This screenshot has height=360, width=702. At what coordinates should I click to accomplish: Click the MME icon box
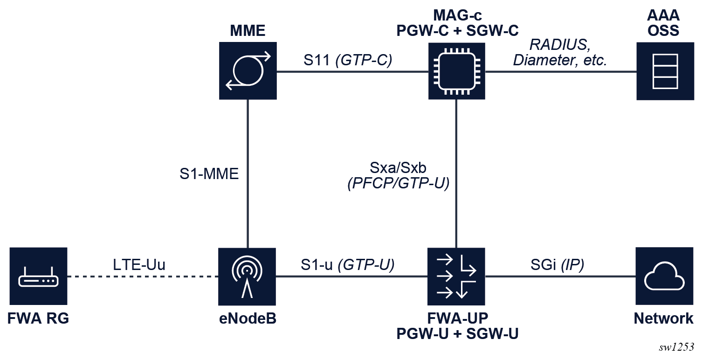pyautogui.click(x=248, y=70)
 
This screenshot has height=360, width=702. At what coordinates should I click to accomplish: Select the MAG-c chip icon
pyautogui.click(x=456, y=70)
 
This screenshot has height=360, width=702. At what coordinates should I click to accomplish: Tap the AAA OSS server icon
pyautogui.click(x=665, y=70)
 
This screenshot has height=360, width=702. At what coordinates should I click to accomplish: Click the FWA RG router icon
pyautogui.click(x=38, y=276)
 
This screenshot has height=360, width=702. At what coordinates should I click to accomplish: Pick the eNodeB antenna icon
pyautogui.click(x=248, y=276)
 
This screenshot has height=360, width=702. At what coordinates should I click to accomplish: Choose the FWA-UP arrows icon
pyautogui.click(x=456, y=276)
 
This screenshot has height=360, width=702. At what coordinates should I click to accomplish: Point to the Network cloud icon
pyautogui.click(x=665, y=276)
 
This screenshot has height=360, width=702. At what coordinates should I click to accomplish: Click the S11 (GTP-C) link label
pyautogui.click(x=346, y=60)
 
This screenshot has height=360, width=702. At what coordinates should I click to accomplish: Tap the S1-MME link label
pyautogui.click(x=209, y=174)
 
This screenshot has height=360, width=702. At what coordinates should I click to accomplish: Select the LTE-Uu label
pyautogui.click(x=139, y=265)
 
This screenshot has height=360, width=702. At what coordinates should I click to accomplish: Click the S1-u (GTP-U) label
pyautogui.click(x=348, y=265)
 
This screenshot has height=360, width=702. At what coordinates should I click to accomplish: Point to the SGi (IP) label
pyautogui.click(x=557, y=265)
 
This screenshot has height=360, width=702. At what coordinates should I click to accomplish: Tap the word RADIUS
pyautogui.click(x=558, y=45)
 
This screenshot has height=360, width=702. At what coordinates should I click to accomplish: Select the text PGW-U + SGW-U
pyautogui.click(x=457, y=334)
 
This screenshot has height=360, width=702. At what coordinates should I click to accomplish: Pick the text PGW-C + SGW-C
pyautogui.click(x=457, y=30)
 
